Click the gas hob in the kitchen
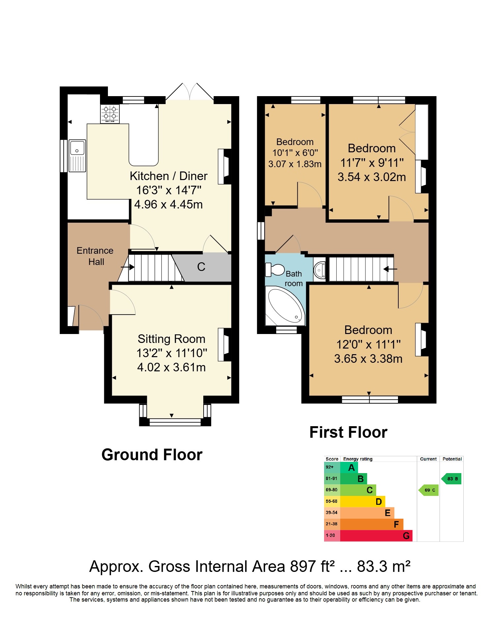point(110,113)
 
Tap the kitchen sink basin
point(77,148)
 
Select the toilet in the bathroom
point(275,270)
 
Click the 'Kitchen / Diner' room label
point(169,176)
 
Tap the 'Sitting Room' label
point(172,339)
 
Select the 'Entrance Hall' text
point(95,256)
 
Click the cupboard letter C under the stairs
point(201,267)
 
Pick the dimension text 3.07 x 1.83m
point(295,164)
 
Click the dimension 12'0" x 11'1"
point(369,344)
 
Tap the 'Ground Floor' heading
point(152,455)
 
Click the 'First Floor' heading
point(348,432)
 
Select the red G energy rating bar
point(376,536)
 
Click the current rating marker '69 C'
point(429,490)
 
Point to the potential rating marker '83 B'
point(451,479)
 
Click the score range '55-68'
point(332,501)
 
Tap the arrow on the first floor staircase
point(390,269)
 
